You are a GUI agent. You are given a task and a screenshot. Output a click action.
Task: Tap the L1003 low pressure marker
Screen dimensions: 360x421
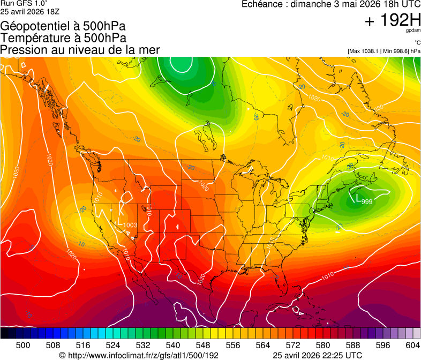pyautogui.click(x=127, y=223)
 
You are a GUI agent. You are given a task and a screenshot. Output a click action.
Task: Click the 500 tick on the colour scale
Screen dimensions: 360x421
pyautogui.click(x=23, y=345)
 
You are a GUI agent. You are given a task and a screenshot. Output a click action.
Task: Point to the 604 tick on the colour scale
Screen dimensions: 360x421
pyautogui.click(x=412, y=345)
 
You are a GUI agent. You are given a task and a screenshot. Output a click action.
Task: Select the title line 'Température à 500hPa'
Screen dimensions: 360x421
pyautogui.click(x=63, y=38)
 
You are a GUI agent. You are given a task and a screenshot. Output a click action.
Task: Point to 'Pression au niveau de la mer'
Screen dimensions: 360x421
pyautogui.click(x=80, y=50)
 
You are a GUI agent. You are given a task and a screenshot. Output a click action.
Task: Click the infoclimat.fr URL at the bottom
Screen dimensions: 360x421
pyautogui.click(x=139, y=355)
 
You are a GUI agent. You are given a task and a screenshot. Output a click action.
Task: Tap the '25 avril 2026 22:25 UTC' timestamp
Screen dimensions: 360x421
pyautogui.click(x=317, y=355)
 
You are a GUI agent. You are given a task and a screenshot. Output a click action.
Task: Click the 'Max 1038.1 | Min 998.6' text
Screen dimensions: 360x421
pyautogui.click(x=384, y=51)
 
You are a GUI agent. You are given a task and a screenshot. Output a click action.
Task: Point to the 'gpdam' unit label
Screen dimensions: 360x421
pyautogui.click(x=413, y=32)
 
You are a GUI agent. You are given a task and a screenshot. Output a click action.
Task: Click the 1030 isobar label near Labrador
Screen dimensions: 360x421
pyautogui.click(x=378, y=108)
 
